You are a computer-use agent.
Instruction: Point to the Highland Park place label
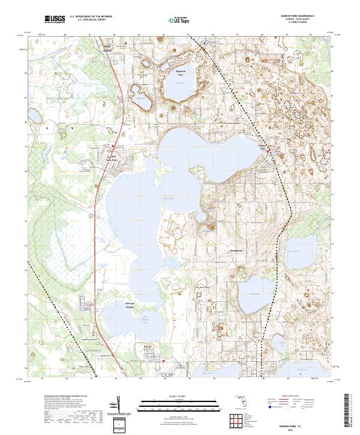[181, 73]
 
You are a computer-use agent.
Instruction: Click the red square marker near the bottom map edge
[163, 360]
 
